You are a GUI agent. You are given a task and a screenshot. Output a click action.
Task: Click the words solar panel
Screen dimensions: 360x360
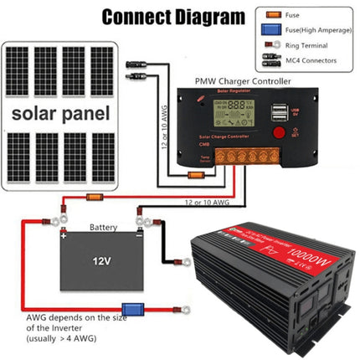coord(59,113)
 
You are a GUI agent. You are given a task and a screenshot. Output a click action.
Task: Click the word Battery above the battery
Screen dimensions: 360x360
coord(105,227)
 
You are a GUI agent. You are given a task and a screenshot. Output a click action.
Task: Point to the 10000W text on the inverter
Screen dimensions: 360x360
coord(308,255)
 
